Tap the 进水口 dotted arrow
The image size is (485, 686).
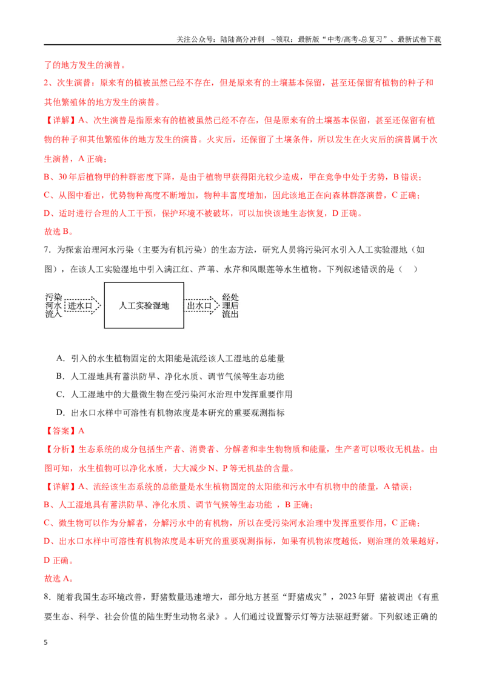(82, 305)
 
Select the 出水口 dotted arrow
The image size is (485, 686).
(202, 305)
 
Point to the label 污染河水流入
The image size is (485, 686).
(54, 305)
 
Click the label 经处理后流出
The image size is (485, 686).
(230, 305)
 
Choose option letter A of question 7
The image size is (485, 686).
(60, 358)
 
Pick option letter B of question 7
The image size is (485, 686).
(60, 376)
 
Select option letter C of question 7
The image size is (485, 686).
(60, 394)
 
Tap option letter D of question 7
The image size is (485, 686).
(60, 413)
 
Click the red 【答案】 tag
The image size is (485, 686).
(61, 431)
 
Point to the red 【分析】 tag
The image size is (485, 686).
(61, 449)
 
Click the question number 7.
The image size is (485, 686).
(47, 250)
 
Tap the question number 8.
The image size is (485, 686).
(47, 597)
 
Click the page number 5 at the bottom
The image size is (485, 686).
(46, 642)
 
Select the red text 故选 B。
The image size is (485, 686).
(59, 231)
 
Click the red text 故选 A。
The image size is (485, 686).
(59, 578)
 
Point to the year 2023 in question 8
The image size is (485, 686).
(348, 597)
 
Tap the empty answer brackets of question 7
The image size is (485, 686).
(408, 269)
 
